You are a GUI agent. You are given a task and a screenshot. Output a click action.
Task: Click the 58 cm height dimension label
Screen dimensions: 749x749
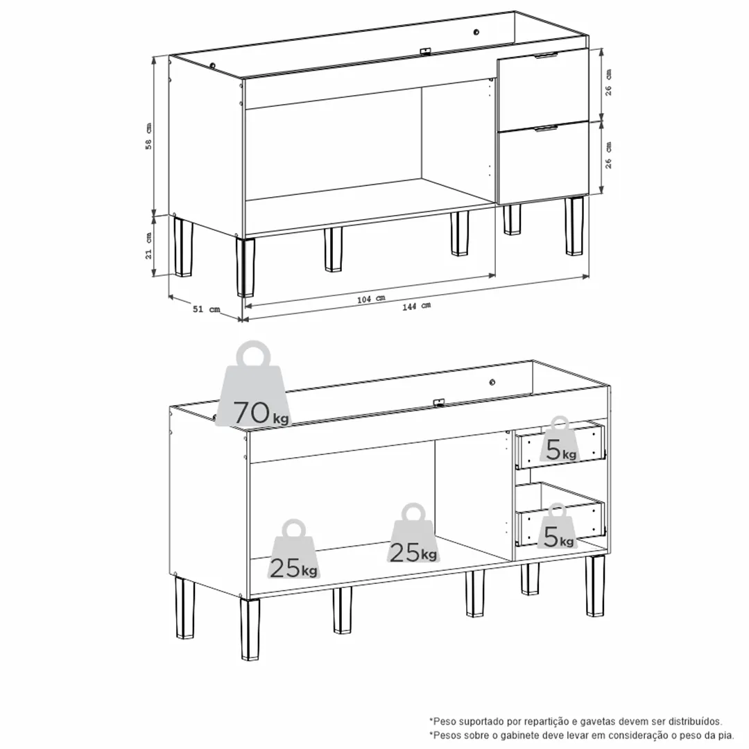(148, 136)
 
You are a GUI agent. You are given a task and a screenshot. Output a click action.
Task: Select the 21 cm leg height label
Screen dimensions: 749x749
(148, 246)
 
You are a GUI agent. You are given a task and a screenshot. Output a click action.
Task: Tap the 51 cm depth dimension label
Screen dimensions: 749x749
(207, 309)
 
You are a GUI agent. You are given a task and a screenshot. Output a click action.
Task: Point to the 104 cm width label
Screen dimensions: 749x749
(371, 299)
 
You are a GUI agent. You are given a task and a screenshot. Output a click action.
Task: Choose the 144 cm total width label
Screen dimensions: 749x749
(417, 307)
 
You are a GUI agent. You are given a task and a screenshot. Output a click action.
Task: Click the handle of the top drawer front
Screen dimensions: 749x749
(546, 55)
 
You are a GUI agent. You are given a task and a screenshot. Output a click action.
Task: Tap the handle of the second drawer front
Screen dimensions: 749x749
(546, 128)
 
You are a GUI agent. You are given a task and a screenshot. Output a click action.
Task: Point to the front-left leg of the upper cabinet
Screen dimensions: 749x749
(245, 268)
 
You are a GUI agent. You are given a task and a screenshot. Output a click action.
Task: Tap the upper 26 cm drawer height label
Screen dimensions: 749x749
(608, 83)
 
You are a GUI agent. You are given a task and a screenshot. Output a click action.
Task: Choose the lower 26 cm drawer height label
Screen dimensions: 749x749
(608, 155)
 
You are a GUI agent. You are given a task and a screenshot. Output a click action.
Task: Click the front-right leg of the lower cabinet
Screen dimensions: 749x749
(595, 586)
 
